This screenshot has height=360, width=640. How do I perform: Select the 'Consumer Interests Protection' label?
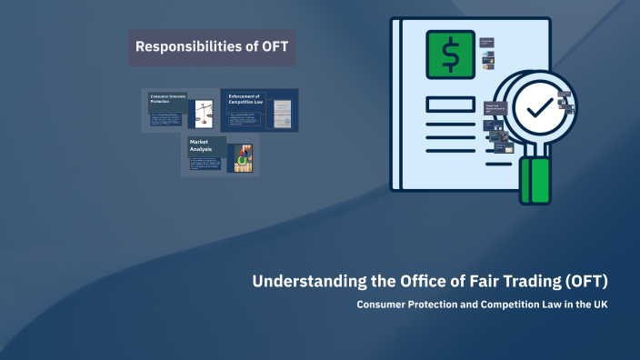click(x=167, y=98)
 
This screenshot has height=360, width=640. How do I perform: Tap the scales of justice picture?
click(x=201, y=114)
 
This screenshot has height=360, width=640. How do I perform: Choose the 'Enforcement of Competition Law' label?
click(x=245, y=98)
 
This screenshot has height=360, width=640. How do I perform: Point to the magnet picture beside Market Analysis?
click(x=241, y=159)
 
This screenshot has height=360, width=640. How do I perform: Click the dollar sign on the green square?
click(x=450, y=55)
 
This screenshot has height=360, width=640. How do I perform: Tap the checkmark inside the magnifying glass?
click(x=543, y=108)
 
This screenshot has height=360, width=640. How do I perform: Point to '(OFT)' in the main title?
click(x=585, y=281)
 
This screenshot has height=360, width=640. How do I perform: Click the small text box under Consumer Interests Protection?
click(x=168, y=119)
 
